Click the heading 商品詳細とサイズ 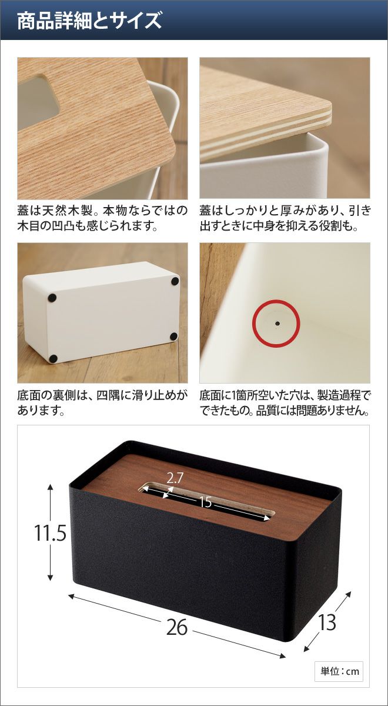(89, 21)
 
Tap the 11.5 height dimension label (51, 532)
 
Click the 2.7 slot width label (175, 478)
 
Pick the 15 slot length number (205, 502)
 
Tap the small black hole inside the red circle (277, 324)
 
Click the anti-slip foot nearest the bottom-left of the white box (53, 358)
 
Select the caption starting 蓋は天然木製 (102, 218)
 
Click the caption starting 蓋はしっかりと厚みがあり (285, 218)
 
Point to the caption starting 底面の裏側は (102, 402)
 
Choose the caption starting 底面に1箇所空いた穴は (285, 402)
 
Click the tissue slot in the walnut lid (206, 502)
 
